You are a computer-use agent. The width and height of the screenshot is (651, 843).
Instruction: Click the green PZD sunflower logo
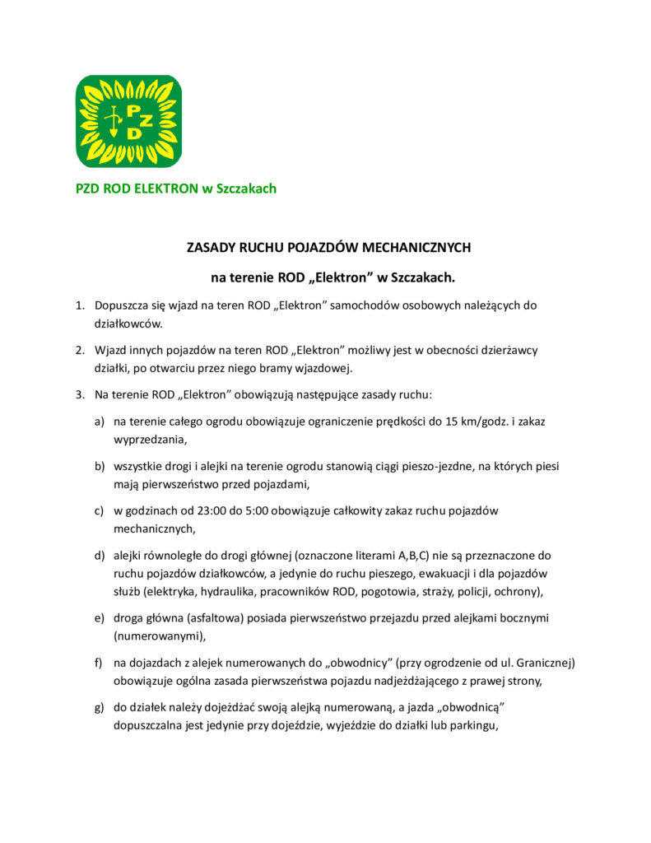(x=128, y=121)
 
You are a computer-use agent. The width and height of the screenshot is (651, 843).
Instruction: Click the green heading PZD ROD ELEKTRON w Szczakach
(x=176, y=189)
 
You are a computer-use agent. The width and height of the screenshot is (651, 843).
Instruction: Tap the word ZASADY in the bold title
(x=211, y=246)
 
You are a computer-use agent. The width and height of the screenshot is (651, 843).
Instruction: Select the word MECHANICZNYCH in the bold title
(x=417, y=246)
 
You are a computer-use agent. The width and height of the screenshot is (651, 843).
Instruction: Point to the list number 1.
(x=80, y=305)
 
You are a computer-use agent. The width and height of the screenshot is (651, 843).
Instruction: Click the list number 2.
(x=80, y=350)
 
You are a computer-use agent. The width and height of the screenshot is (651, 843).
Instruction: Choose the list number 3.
(x=80, y=394)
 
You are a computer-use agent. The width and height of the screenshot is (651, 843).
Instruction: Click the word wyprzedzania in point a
(x=150, y=440)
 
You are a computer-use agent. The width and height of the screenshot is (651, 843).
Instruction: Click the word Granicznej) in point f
(x=540, y=662)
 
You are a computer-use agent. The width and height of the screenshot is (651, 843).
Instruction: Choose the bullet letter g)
(x=99, y=707)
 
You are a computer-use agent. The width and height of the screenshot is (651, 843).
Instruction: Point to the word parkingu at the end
(x=473, y=725)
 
